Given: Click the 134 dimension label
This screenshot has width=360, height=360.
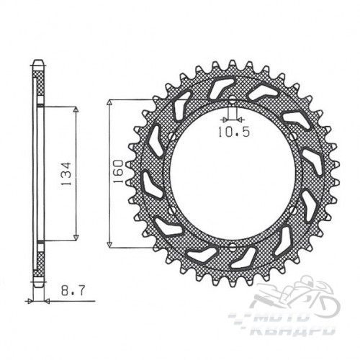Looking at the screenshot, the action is pyautogui.click(x=66, y=174).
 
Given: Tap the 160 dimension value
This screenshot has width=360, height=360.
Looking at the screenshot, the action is pyautogui.click(x=118, y=171).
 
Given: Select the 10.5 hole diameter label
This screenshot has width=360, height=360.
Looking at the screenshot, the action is pyautogui.click(x=234, y=132).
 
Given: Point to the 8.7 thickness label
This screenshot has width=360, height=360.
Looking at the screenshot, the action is pyautogui.click(x=73, y=291).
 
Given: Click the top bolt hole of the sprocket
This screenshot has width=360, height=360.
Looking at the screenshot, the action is pyautogui.click(x=232, y=100).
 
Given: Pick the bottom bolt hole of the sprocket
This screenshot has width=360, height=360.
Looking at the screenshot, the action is pyautogui.click(x=232, y=246).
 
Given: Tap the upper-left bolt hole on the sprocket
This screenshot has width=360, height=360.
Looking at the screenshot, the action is pyautogui.click(x=172, y=137).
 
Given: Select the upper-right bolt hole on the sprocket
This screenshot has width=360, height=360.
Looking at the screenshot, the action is pyautogui.click(x=292, y=137).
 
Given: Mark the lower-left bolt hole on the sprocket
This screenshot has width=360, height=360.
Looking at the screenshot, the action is pyautogui.click(x=172, y=210).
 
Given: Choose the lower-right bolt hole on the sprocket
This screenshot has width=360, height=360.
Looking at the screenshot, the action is pyautogui.click(x=292, y=210).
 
